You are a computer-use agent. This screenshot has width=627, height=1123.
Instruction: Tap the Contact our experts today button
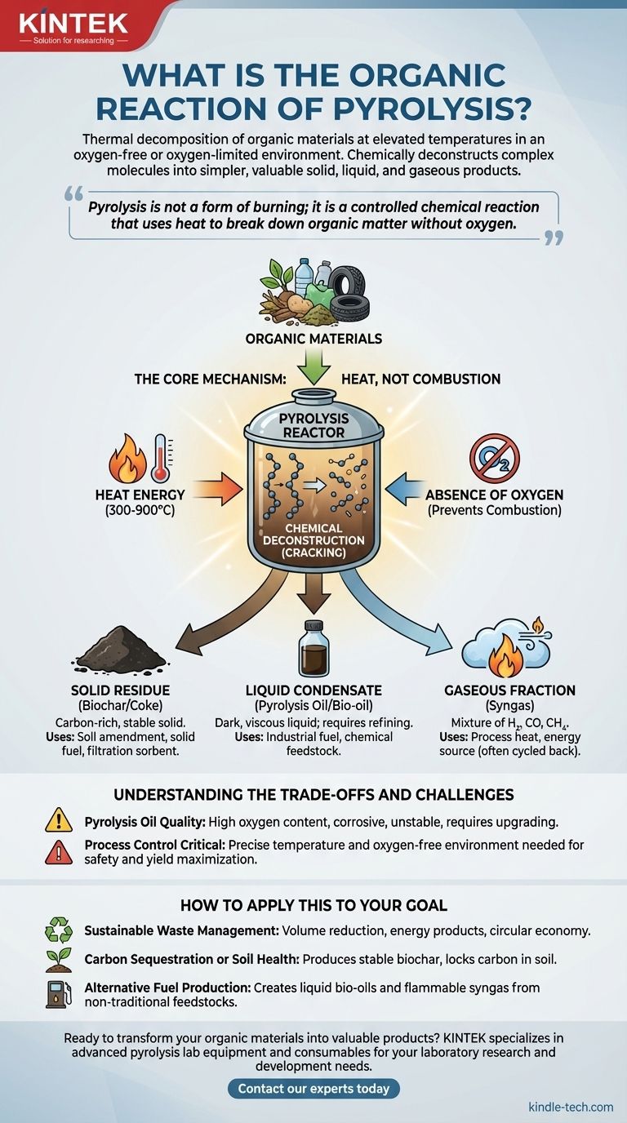click(x=313, y=1088)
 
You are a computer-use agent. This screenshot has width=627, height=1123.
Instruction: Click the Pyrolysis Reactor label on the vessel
click(x=313, y=424)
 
